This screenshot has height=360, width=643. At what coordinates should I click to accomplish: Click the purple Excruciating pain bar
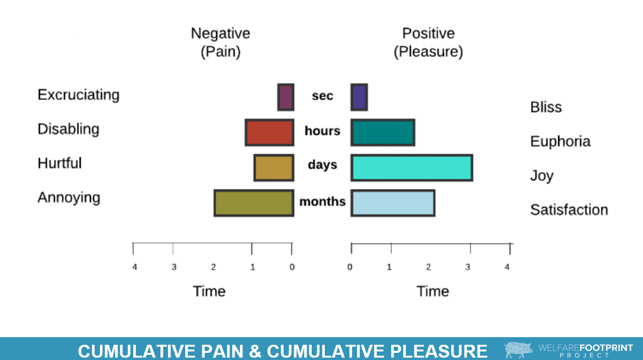tap(286, 97)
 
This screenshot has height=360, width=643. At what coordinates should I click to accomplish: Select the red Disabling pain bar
tap(269, 132)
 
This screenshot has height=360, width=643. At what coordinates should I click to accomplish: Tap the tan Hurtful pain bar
tap(274, 168)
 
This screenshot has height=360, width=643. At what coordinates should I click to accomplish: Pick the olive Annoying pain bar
tap(254, 203)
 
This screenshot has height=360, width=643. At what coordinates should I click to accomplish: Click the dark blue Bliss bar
tap(359, 97)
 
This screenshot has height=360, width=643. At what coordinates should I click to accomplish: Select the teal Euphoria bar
tap(383, 132)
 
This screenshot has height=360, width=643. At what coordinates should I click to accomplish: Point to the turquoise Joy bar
tap(412, 168)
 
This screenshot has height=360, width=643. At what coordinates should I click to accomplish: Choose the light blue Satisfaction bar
tap(393, 203)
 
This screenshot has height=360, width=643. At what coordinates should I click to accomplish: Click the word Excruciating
tap(79, 95)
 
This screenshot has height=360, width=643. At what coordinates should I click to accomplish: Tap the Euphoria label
tap(560, 141)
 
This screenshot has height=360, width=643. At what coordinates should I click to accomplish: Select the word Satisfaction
tap(569, 210)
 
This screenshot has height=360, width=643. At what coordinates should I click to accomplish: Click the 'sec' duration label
tap(322, 96)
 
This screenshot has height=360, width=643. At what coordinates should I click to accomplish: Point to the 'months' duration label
tap(322, 202)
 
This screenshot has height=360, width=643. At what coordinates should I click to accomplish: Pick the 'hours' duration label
tap(322, 131)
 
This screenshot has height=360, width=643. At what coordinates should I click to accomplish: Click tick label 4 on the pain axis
tap(135, 267)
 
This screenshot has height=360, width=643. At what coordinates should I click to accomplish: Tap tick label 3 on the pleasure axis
tap(468, 267)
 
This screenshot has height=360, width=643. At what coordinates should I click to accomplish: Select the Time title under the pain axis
tap(209, 291)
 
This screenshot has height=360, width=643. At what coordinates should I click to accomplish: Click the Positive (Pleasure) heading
tap(428, 42)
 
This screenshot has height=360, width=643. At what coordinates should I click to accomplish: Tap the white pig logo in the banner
tap(518, 350)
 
